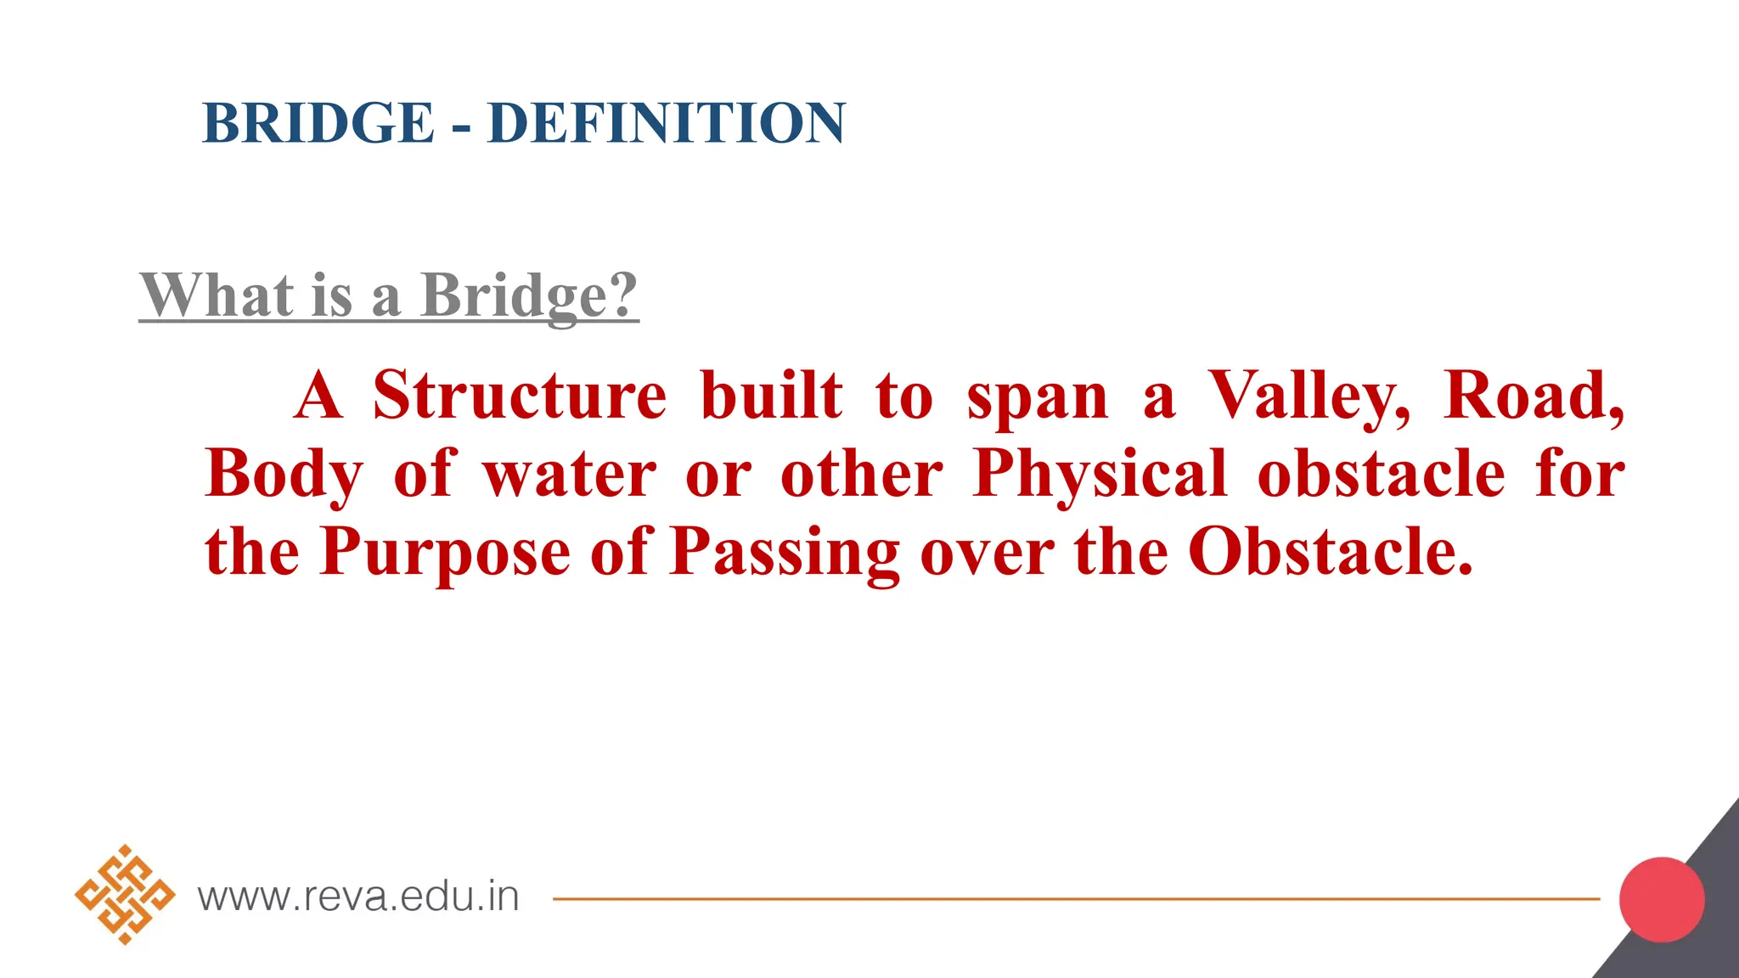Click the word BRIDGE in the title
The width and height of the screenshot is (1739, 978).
[318, 123]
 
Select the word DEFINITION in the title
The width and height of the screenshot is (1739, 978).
[667, 123]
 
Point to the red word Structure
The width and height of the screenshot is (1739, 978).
[520, 396]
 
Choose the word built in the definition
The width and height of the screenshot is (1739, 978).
[772, 396]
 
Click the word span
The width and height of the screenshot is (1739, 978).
[1038, 397]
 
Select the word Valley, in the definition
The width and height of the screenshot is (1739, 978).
[1308, 397]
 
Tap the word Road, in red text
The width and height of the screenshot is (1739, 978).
[1534, 396]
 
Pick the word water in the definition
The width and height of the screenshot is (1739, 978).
[570, 474]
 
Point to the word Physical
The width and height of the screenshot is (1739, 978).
[1100, 474]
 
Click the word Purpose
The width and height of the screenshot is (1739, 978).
[445, 552]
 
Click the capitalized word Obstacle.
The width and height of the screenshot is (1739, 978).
[1329, 552]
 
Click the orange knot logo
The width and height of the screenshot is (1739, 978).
[125, 895]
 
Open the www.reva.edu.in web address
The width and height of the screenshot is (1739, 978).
[358, 896]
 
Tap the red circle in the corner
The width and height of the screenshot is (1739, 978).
[1662, 899]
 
